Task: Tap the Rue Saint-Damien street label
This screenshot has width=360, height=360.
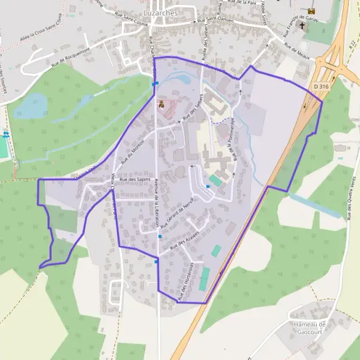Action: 216,22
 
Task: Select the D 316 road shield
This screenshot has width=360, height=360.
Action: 321,86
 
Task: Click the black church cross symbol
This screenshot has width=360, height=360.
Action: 302,26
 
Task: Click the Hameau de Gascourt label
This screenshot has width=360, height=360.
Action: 310,328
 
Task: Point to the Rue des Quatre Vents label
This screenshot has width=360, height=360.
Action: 347,197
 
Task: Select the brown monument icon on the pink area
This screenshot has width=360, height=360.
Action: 161,104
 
